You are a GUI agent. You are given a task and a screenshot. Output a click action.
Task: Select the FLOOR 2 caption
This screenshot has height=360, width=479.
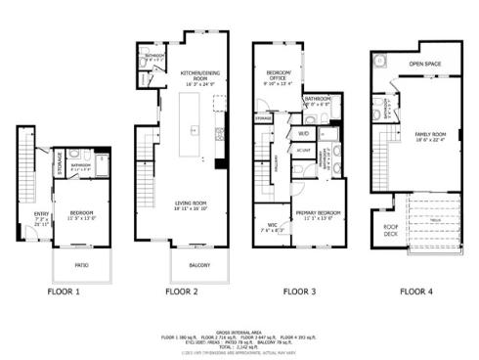click(x=182, y=291)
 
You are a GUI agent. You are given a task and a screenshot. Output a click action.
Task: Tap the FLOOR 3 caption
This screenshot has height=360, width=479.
click(x=299, y=291)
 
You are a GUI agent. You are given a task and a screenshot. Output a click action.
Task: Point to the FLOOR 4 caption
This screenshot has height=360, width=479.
click(x=417, y=291)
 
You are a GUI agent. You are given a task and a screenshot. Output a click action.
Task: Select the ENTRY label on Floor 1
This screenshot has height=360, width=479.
click(x=42, y=214)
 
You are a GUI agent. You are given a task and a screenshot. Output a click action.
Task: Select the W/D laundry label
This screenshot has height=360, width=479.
click(x=304, y=132)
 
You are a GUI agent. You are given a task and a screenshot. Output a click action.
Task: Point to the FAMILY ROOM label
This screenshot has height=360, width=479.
click(x=431, y=134)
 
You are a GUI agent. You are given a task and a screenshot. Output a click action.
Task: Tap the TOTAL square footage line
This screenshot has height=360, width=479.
click(x=239, y=348)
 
